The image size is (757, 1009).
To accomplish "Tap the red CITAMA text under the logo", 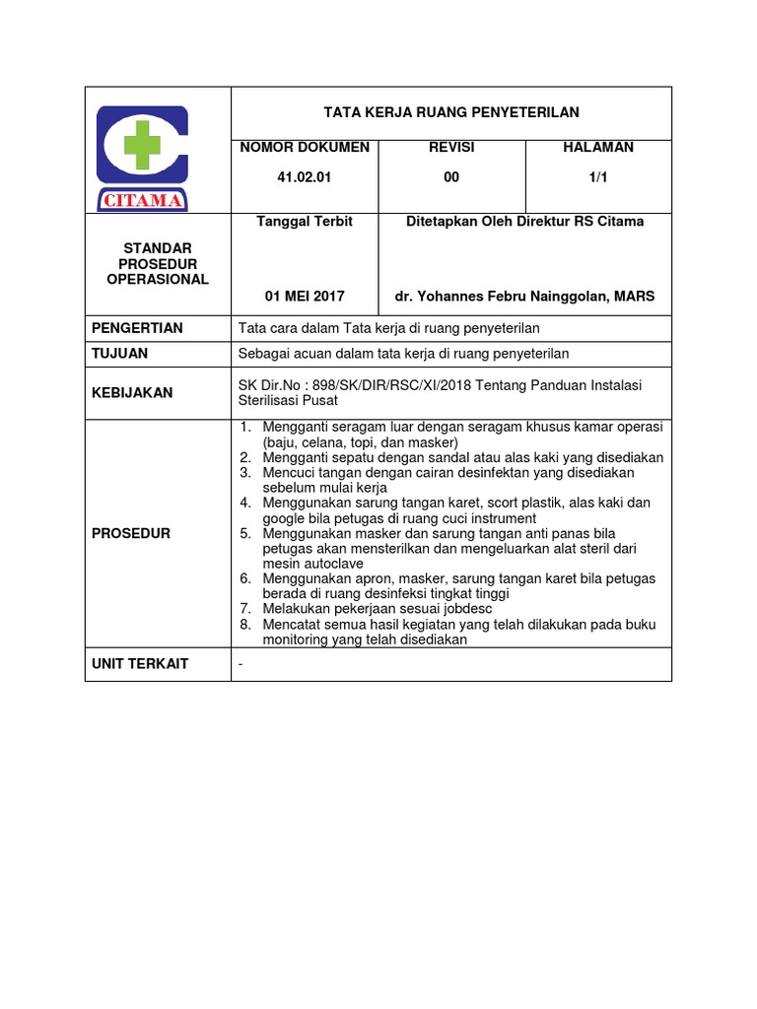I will pos(142,201).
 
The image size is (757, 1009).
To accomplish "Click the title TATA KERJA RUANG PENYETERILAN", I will pos(451,112).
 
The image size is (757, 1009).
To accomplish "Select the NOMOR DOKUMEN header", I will pos(304,147).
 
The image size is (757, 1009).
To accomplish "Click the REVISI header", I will pos(451,147).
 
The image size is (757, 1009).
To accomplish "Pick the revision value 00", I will pos(451,177).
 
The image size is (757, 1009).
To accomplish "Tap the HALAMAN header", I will pos(598,147).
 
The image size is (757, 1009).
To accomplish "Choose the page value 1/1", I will pos(598,177).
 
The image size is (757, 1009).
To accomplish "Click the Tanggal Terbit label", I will pos(305,222).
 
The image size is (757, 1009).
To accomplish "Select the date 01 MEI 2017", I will pos(305,296).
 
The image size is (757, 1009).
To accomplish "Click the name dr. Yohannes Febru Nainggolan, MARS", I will pos(524,296).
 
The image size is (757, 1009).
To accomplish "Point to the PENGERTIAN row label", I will pos(137,328).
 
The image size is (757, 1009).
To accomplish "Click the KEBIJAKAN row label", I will pos(132,392).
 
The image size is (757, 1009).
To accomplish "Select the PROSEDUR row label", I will pos(131,533).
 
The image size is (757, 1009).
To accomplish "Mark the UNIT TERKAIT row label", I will pos(140,664).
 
